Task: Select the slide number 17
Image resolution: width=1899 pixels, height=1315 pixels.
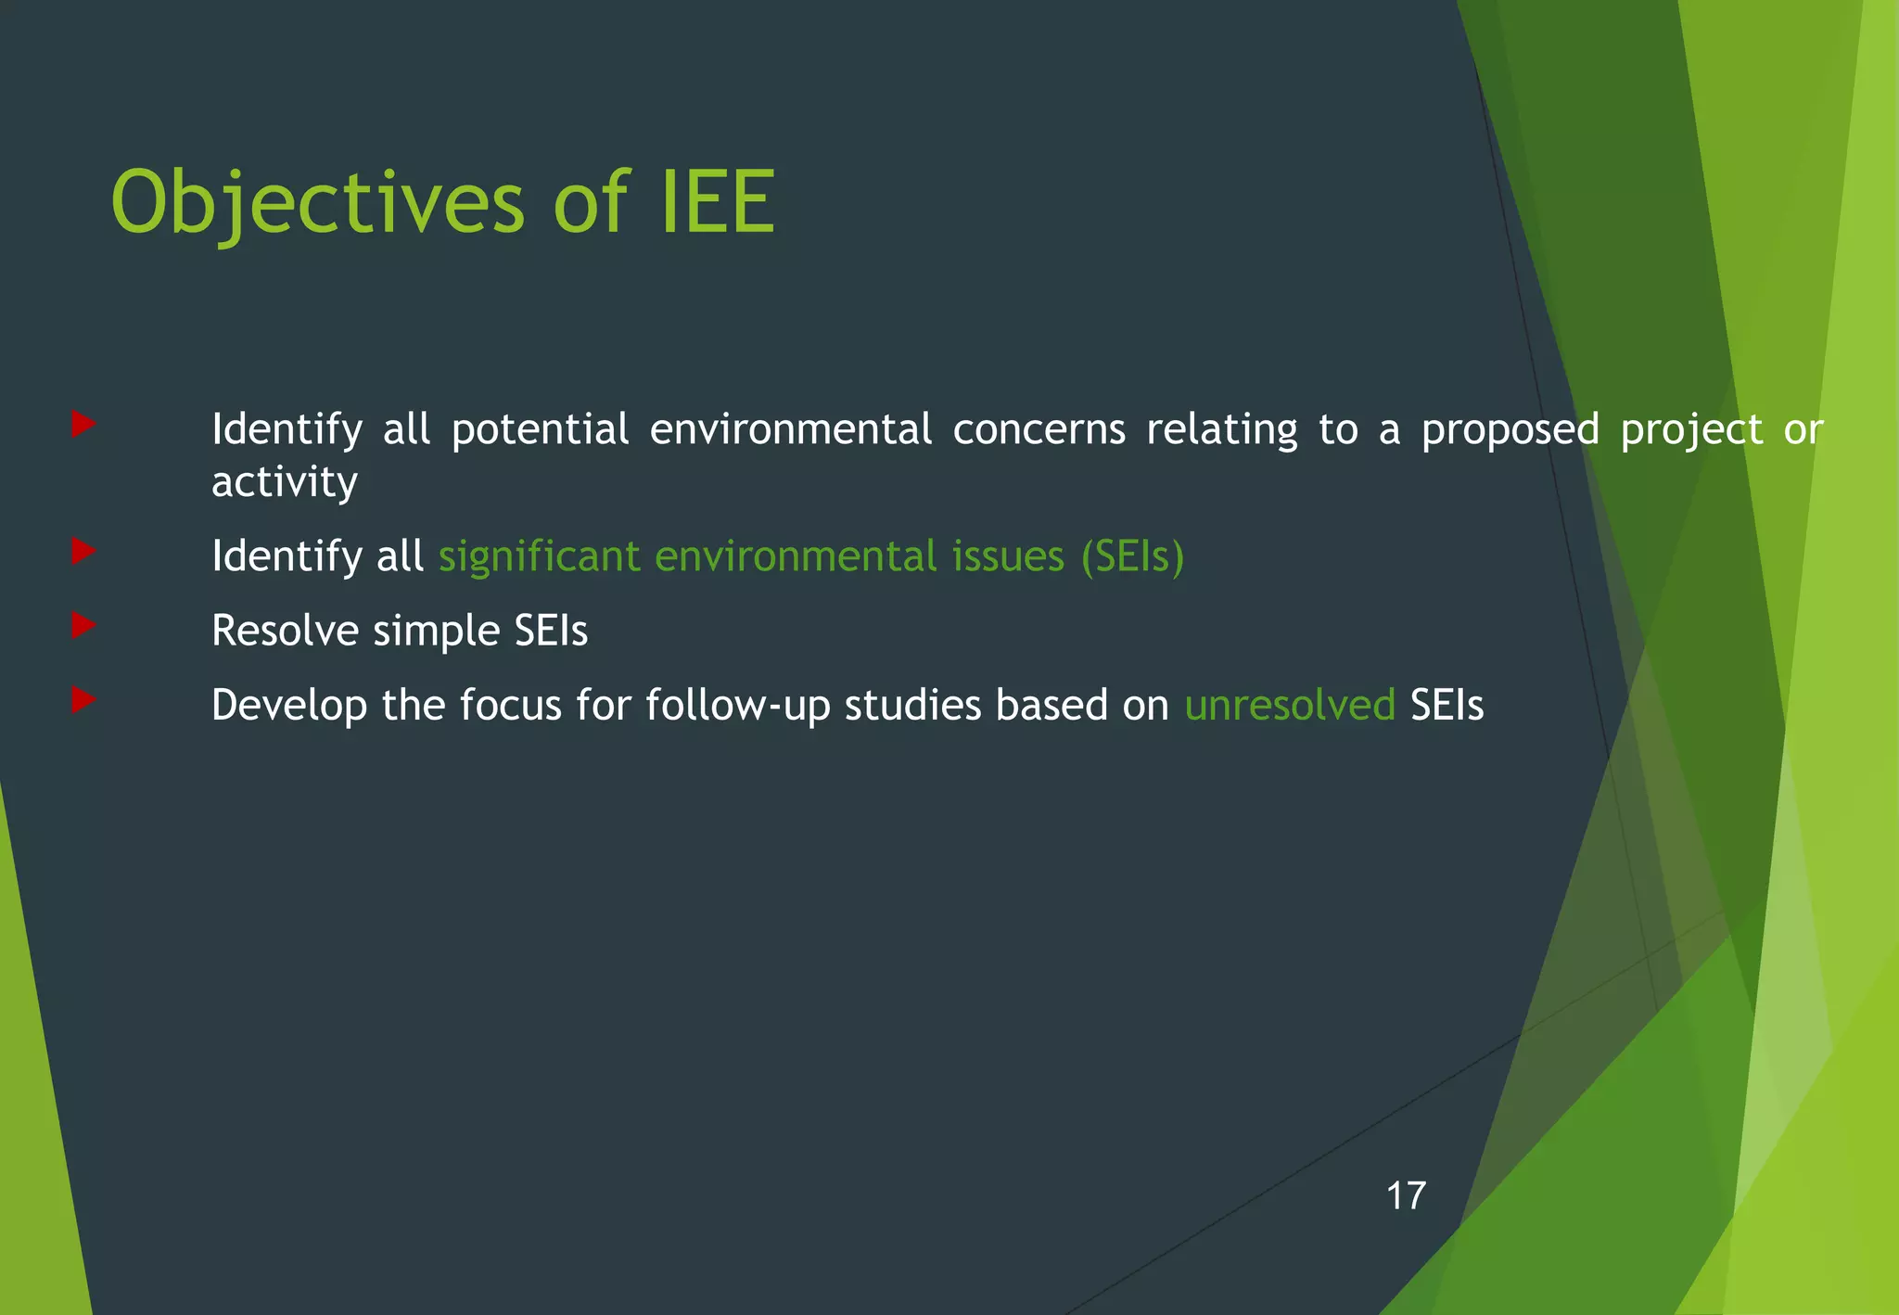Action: [x=1406, y=1196]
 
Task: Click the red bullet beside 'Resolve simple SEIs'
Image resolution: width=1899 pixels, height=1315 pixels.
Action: [x=83, y=626]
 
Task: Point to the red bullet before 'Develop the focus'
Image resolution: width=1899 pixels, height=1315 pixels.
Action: [x=83, y=700]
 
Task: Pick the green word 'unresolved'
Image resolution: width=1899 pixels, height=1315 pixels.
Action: [x=1290, y=705]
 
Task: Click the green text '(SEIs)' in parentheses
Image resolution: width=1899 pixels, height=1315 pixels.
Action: [x=1132, y=556]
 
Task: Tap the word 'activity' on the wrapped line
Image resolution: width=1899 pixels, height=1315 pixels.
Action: [x=285, y=482]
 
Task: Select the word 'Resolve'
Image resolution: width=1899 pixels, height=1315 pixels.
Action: [x=286, y=631]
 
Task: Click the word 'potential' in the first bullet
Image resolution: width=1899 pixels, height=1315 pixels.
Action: [x=541, y=429]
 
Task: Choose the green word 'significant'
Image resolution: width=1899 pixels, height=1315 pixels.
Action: [x=540, y=556]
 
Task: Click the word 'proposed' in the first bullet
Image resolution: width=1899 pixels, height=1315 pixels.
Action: [x=1510, y=429]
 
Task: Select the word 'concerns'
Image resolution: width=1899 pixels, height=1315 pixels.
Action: [x=1039, y=429]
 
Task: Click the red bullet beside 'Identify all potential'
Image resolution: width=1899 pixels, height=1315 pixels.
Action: [x=83, y=425]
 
